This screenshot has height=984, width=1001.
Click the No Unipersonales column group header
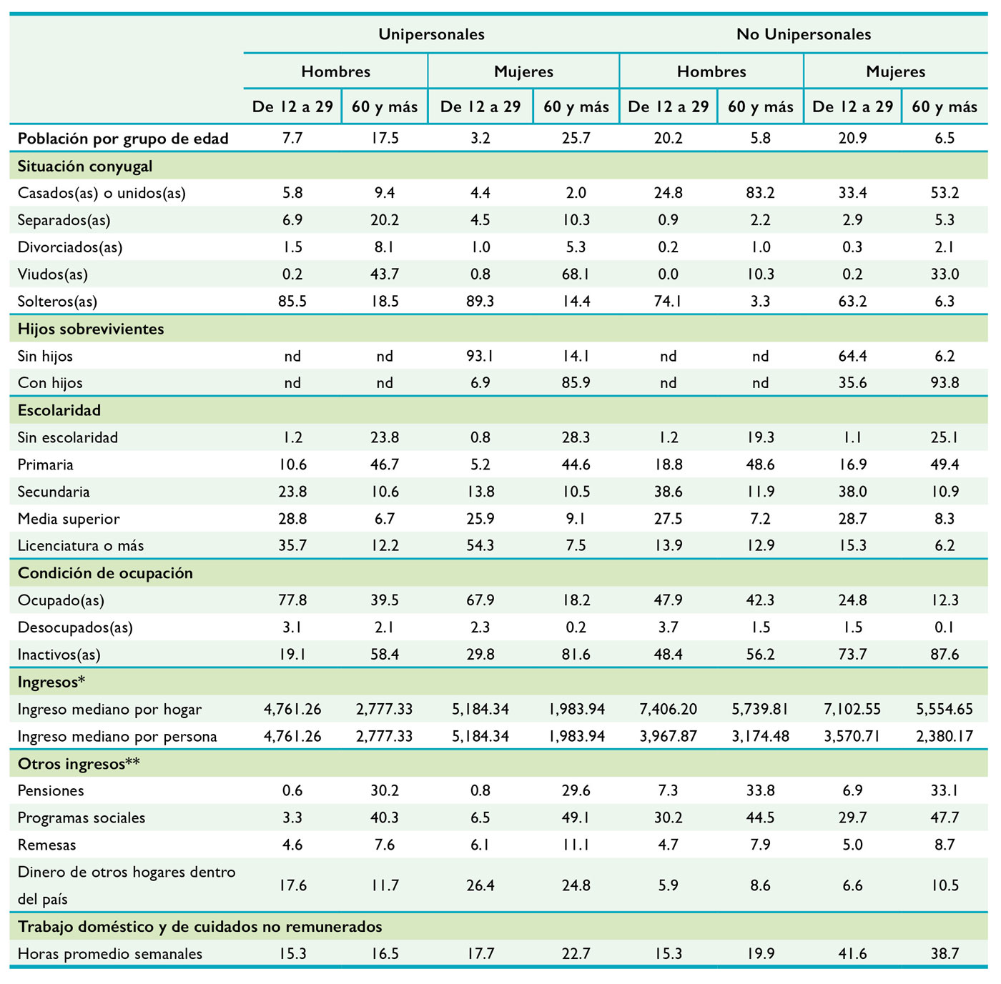[803, 34]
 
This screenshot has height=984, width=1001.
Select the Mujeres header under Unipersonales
[523, 71]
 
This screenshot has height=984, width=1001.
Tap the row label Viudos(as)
[52, 274]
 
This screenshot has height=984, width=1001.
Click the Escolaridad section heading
[59, 410]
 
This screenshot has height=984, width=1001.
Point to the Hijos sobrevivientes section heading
[91, 329]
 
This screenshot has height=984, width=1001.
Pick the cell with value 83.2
[760, 193]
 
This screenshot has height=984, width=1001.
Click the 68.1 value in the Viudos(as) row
[576, 274]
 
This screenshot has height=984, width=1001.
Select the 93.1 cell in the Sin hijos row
[480, 356]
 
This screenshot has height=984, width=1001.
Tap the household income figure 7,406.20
[668, 710]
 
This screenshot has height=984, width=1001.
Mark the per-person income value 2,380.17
[945, 736]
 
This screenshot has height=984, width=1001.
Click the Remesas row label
[46, 845]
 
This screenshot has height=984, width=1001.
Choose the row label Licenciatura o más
[81, 546]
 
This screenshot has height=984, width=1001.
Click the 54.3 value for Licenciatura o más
[480, 546]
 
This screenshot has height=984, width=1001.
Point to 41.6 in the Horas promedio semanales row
[852, 954]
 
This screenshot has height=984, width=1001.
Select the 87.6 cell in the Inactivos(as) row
[945, 655]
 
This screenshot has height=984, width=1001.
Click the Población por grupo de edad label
[123, 139]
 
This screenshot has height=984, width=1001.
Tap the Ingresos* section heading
[51, 682]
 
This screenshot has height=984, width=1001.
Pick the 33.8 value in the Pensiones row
[760, 790]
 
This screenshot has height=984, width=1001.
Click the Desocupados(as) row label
[75, 627]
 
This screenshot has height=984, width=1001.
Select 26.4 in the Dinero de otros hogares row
[480, 885]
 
